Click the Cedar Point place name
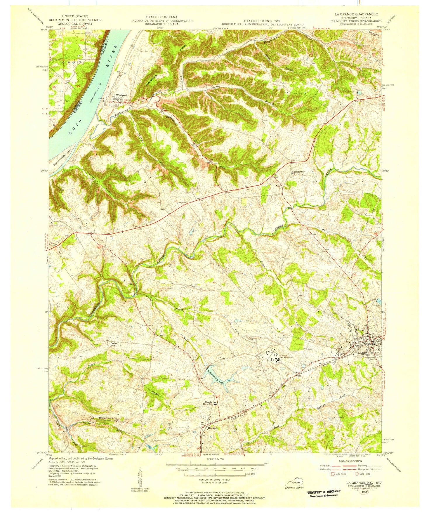(x=112, y=344)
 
